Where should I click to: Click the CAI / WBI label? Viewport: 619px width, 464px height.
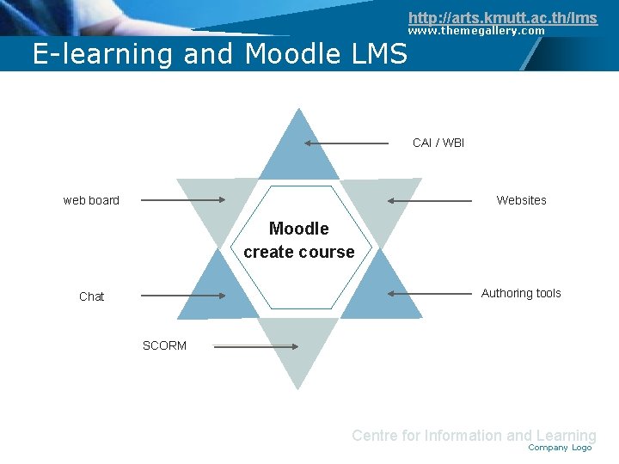[438, 143]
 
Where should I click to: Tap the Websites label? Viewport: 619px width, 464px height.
[521, 200]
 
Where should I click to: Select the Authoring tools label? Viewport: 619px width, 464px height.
[521, 293]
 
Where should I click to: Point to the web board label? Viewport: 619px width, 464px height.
[91, 200]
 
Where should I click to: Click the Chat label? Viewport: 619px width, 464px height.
[91, 296]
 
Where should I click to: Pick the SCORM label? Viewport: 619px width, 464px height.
[164, 345]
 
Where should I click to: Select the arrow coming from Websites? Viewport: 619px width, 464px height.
[430, 200]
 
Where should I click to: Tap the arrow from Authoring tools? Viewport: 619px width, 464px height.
[430, 293]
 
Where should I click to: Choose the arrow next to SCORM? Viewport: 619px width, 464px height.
[255, 346]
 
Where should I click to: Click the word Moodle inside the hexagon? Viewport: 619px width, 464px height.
[298, 229]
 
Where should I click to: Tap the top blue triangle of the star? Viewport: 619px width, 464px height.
[299, 150]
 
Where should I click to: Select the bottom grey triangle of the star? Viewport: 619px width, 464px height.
[299, 348]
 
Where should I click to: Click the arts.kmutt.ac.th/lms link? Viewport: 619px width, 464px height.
[502, 18]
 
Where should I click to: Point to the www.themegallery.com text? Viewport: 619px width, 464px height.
[476, 31]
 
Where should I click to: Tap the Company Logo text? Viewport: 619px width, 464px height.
[560, 448]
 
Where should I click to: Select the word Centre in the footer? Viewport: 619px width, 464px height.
[374, 436]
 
